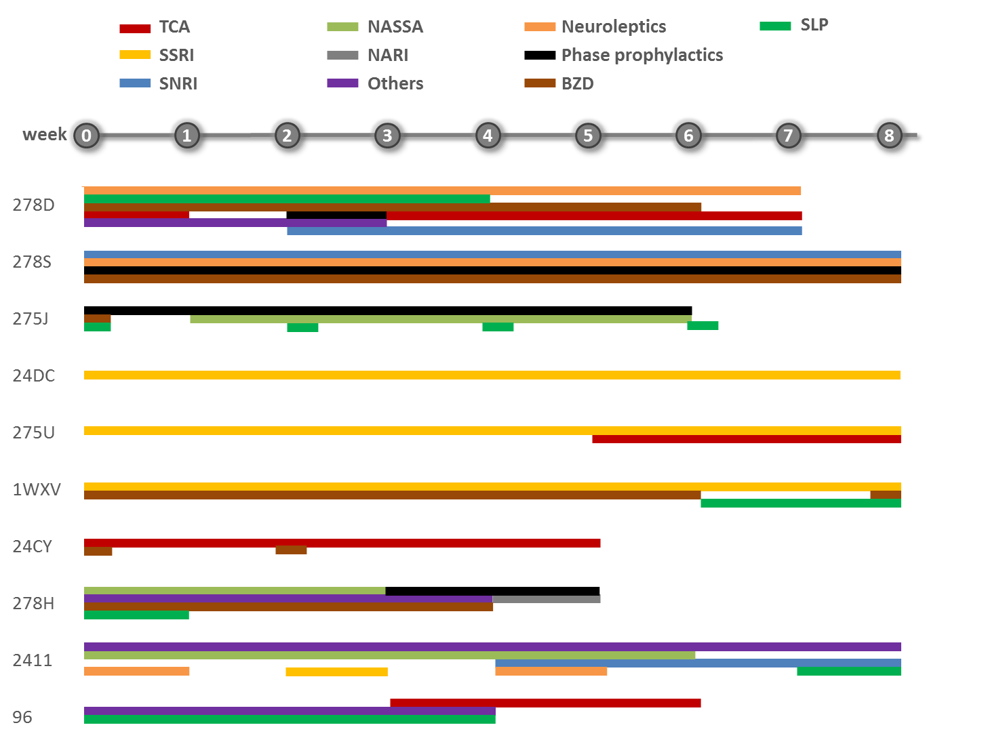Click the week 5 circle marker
(x=587, y=135)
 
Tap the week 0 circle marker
(x=86, y=135)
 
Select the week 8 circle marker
(x=889, y=135)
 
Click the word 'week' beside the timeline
(x=45, y=134)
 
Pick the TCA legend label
(x=174, y=27)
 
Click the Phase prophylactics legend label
(x=642, y=55)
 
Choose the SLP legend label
(x=814, y=24)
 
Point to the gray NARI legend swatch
(x=342, y=55)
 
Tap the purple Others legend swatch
(x=342, y=83)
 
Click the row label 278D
(x=34, y=205)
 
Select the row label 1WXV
(x=37, y=489)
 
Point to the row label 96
(x=22, y=717)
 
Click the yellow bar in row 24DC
(x=492, y=375)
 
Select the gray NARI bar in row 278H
(x=546, y=599)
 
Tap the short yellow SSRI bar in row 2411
(x=336, y=672)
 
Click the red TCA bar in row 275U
(x=746, y=439)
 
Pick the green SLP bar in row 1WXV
(x=800, y=503)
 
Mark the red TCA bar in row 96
(x=545, y=703)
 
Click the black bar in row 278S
(x=492, y=270)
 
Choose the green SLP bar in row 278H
(x=136, y=615)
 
